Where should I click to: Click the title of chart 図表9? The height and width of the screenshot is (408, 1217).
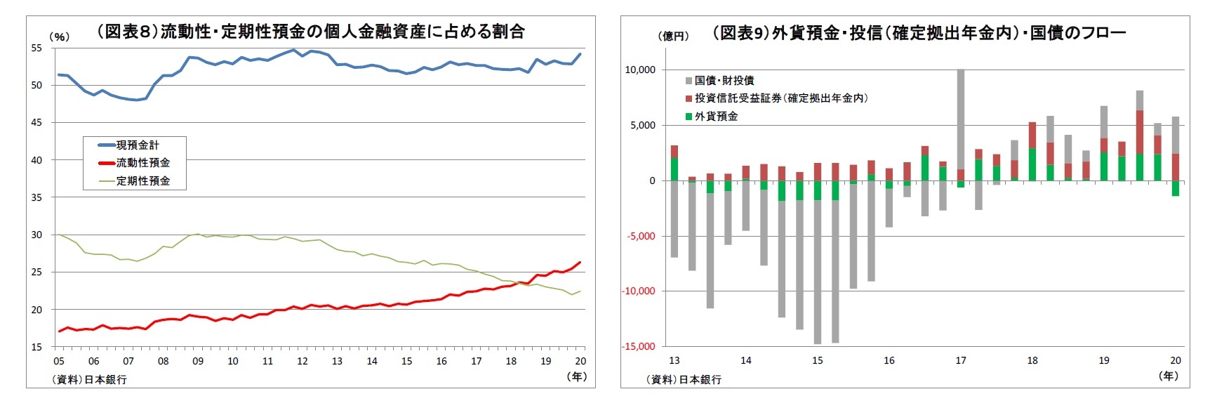pos(919,33)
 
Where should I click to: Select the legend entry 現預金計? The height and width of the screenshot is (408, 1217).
pos(138,145)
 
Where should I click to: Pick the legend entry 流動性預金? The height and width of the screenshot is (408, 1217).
pos(142,163)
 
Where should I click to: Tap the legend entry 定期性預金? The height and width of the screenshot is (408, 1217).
pos(142,180)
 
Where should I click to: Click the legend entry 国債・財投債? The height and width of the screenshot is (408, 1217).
pos(724,80)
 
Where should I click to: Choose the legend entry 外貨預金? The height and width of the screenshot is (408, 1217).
pos(716,117)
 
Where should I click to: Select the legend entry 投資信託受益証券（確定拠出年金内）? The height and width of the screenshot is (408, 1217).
pos(780,98)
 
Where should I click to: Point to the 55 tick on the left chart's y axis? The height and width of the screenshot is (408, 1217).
pos(36,48)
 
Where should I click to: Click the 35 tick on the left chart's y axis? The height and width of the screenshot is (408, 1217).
pos(36,197)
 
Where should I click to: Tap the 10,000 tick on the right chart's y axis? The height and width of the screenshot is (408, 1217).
pos(640,70)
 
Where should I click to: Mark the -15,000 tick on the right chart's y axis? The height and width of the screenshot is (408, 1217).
pos(639,346)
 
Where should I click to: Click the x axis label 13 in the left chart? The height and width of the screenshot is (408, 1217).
pos(337,361)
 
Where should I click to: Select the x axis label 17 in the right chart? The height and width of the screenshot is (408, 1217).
pos(960,360)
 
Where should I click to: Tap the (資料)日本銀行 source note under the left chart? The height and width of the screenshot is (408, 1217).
pos(89,379)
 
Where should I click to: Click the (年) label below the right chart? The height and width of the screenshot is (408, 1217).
pos(1168,376)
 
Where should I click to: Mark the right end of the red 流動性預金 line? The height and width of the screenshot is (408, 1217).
pos(580,263)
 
